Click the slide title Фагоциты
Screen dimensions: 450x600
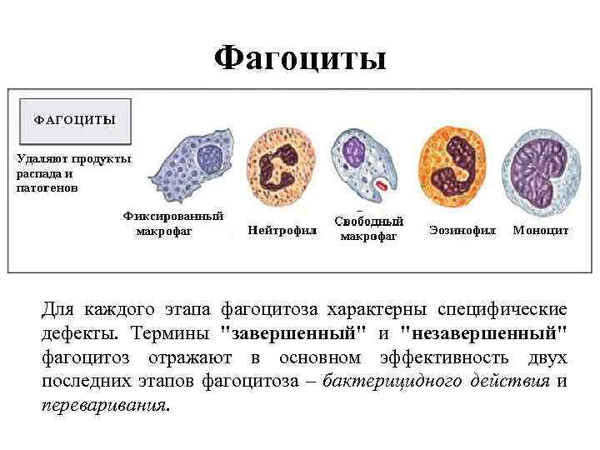click(x=300, y=58)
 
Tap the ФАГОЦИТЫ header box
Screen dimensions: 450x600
click(x=74, y=120)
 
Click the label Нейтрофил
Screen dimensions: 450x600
click(x=282, y=230)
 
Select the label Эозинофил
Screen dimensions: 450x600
click(x=462, y=229)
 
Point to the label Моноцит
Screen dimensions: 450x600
click(x=541, y=229)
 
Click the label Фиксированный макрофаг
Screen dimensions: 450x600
click(x=173, y=223)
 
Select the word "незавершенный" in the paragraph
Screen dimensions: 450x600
click(x=484, y=334)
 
